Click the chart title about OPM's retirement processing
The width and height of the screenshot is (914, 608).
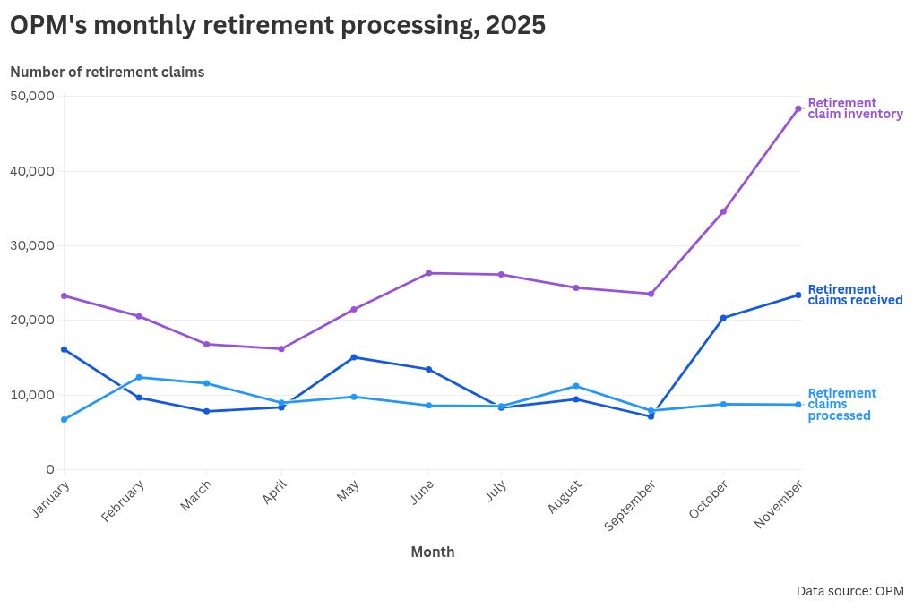tap(278, 26)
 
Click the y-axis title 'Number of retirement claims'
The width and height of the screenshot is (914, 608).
tap(108, 72)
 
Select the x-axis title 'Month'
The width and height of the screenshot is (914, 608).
tap(432, 552)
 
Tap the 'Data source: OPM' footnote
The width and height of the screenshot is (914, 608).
tap(849, 591)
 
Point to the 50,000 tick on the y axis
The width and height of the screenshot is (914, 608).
tap(32, 96)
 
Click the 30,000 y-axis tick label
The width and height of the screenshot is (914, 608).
tap(32, 245)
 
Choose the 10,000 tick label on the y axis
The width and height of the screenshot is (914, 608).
tap(32, 395)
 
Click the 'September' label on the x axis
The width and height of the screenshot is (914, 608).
tap(631, 504)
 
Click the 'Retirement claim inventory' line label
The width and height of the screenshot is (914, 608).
tap(854, 108)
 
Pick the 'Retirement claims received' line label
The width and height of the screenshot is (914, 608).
tap(854, 295)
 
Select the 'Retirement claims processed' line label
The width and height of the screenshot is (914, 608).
tap(841, 404)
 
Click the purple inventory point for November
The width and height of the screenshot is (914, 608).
tap(798, 108)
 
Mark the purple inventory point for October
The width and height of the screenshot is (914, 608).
tap(723, 211)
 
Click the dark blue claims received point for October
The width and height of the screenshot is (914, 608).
tap(723, 318)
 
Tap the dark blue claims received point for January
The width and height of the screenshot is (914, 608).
tap(65, 349)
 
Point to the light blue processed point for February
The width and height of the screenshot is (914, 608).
tap(139, 377)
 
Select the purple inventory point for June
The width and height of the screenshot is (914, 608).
tap(428, 273)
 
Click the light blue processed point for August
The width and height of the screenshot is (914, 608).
tap(576, 386)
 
